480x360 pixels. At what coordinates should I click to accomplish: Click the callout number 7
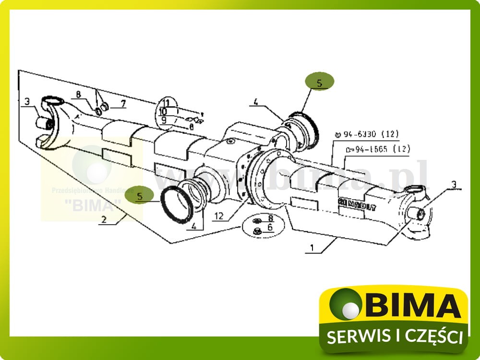pos(123,103)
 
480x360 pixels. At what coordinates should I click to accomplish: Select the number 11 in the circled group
pos(166,103)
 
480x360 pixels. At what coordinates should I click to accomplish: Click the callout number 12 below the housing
pos(219,216)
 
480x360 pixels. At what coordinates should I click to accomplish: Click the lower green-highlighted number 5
pos(139,196)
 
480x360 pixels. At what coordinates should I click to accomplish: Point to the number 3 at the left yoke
pos(27,102)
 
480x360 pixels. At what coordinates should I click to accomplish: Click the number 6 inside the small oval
pos(270,228)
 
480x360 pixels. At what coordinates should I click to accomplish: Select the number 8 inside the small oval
pos(270,218)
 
